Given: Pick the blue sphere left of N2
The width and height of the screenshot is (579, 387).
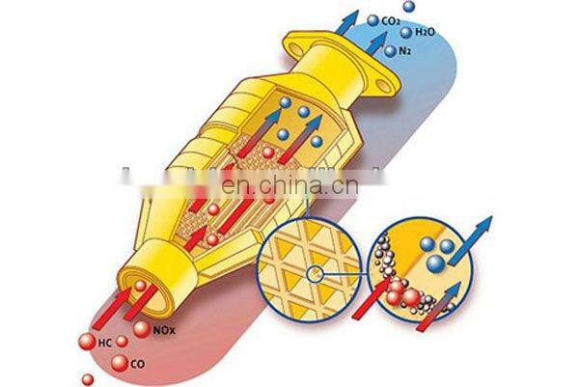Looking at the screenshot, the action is [x=391, y=50].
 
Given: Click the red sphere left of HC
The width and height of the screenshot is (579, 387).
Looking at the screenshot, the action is [x=91, y=341].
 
